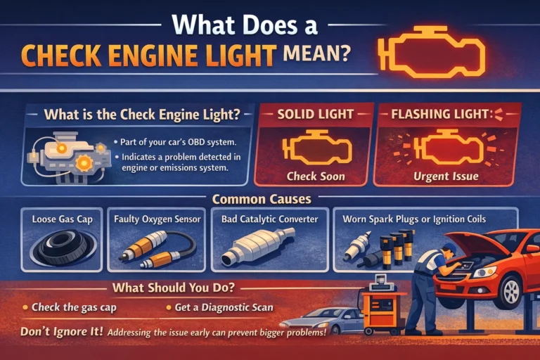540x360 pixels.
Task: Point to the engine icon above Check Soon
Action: pyautogui.click(x=315, y=150)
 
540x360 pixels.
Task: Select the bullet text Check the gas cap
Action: pyautogui.click(x=70, y=307)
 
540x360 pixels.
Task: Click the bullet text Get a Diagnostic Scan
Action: pyautogui.click(x=219, y=307)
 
